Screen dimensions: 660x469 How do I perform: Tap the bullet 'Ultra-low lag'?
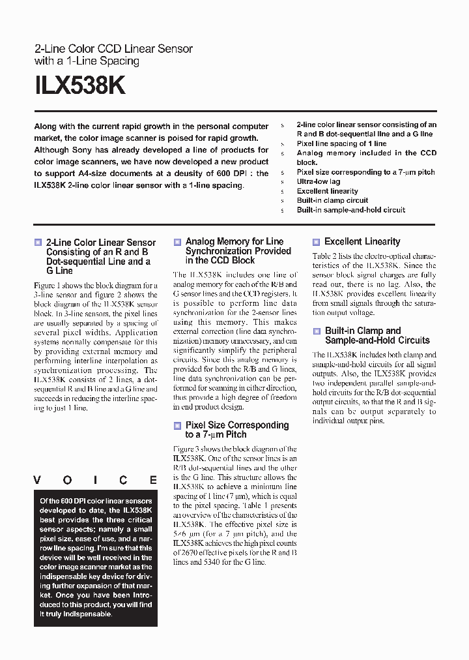(x=319, y=181)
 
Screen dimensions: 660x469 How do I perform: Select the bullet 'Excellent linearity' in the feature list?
(x=328, y=191)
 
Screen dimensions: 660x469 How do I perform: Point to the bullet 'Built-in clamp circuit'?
(x=332, y=200)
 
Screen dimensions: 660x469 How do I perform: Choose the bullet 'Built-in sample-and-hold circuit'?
(x=350, y=210)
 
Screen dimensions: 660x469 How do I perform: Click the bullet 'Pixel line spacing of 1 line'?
(x=341, y=143)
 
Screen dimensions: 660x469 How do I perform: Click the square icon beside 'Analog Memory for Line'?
(x=177, y=242)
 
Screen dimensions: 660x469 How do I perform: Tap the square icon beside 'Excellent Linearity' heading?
(x=316, y=242)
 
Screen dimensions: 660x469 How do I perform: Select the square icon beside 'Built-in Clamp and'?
(x=316, y=331)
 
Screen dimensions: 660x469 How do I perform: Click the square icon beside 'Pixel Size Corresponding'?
(x=177, y=426)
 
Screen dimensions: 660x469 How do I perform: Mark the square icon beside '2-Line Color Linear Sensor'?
(x=38, y=243)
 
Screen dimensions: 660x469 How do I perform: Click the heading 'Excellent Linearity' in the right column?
(x=362, y=241)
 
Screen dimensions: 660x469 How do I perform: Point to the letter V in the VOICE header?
(x=37, y=480)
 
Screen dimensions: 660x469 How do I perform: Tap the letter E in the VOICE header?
(x=153, y=480)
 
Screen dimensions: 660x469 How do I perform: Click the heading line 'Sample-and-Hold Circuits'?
(x=377, y=340)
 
